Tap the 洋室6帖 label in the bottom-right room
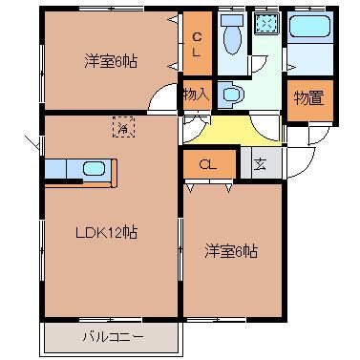tap(231, 252)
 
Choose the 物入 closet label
tap(195, 95)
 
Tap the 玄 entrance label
tap(261, 163)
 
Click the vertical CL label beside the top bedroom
tap(196, 45)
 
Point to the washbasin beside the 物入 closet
tap(232, 94)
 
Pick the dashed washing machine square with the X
tap(265, 24)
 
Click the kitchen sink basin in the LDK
tap(95, 169)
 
